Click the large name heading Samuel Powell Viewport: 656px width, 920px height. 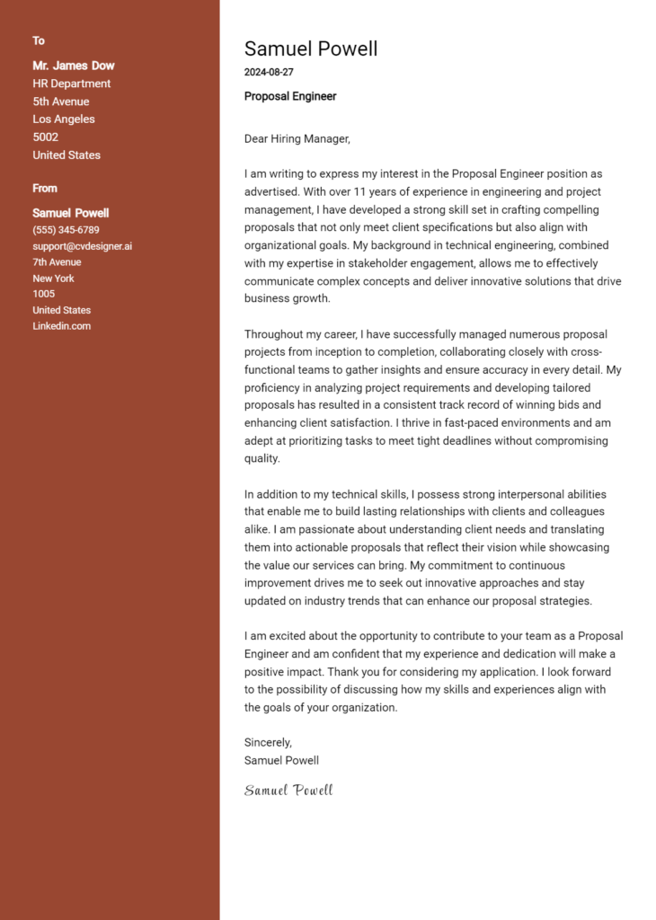pos(310,49)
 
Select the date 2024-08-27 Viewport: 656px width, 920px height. pos(269,72)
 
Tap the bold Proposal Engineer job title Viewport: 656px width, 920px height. pos(290,96)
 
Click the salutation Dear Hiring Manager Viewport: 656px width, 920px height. pos(297,139)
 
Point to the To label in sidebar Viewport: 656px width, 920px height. pos(39,41)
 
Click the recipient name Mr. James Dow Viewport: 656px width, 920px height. pos(74,66)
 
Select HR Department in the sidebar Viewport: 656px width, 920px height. pos(72,84)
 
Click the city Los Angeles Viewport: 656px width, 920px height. pos(64,119)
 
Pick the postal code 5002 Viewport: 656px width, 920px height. pos(46,137)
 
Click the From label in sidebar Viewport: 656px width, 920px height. pos(45,189)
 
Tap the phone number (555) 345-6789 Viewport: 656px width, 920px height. pos(66,230)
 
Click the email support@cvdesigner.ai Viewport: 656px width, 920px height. pos(83,246)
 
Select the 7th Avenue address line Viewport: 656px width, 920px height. pos(57,262)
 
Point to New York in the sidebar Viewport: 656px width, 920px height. pos(53,279)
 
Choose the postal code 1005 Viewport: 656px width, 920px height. pos(44,294)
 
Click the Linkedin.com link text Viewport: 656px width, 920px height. pos(62,326)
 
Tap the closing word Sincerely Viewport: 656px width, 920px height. pos(268,742)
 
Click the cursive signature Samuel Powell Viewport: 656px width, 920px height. pos(288,791)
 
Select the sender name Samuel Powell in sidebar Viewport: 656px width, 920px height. pos(71,213)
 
